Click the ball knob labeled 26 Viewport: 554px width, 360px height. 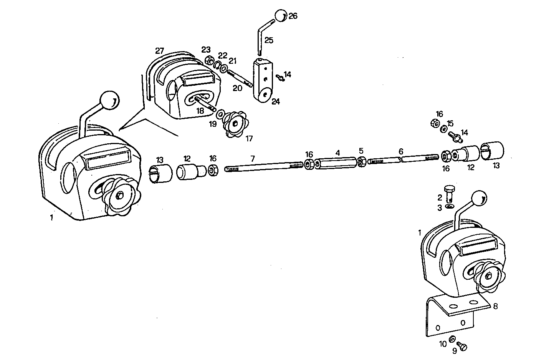pyautogui.click(x=281, y=15)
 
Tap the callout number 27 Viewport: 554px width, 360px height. pyautogui.click(x=160, y=50)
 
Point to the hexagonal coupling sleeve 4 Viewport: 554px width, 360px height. pyautogui.click(x=337, y=163)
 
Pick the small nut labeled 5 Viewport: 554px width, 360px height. pyautogui.click(x=361, y=162)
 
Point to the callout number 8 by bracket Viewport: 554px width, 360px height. pyautogui.click(x=495, y=306)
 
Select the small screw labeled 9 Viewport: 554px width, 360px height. pyautogui.click(x=463, y=347)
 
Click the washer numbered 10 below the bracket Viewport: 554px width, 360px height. pyautogui.click(x=452, y=338)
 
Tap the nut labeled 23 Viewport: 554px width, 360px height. pyautogui.click(x=210, y=60)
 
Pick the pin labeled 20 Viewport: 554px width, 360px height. pyautogui.click(x=240, y=78)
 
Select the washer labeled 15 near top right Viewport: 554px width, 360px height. pyautogui.click(x=443, y=129)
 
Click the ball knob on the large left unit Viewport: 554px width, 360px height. pyautogui.click(x=110, y=101)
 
